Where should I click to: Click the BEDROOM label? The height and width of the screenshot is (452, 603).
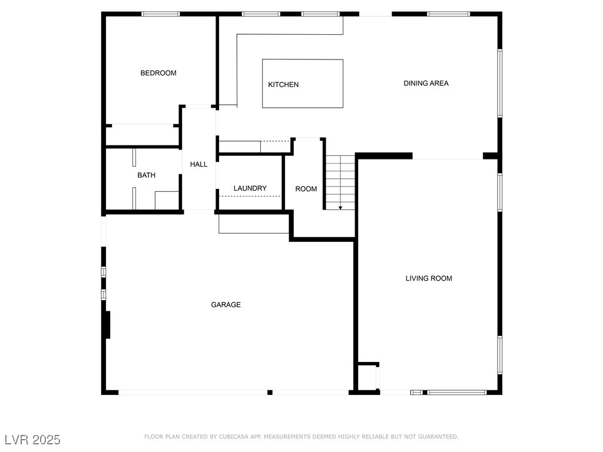pyautogui.click(x=158, y=73)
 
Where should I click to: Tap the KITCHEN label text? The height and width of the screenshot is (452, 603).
pyautogui.click(x=283, y=85)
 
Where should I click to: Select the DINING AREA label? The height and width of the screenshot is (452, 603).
pyautogui.click(x=426, y=83)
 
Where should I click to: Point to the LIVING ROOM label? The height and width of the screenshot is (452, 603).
pyautogui.click(x=429, y=278)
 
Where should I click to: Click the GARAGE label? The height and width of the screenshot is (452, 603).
pyautogui.click(x=226, y=305)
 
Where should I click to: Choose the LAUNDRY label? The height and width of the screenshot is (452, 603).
pyautogui.click(x=250, y=188)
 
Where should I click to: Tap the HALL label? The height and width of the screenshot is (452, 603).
pyautogui.click(x=198, y=164)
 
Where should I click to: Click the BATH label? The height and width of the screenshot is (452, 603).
pyautogui.click(x=147, y=175)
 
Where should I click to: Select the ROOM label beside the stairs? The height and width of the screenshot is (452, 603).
pyautogui.click(x=306, y=189)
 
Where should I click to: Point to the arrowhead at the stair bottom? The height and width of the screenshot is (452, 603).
pyautogui.click(x=340, y=207)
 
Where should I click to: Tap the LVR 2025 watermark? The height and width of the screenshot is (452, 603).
pyautogui.click(x=32, y=440)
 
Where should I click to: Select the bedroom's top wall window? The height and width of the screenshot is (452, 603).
pyautogui.click(x=161, y=14)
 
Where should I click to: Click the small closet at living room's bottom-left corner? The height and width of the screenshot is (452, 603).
pyautogui.click(x=367, y=377)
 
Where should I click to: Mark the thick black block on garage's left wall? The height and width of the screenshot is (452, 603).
pyautogui.click(x=107, y=324)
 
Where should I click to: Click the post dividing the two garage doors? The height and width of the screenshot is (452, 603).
pyautogui.click(x=270, y=392)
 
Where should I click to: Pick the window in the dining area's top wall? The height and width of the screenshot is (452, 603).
pyautogui.click(x=448, y=14)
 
